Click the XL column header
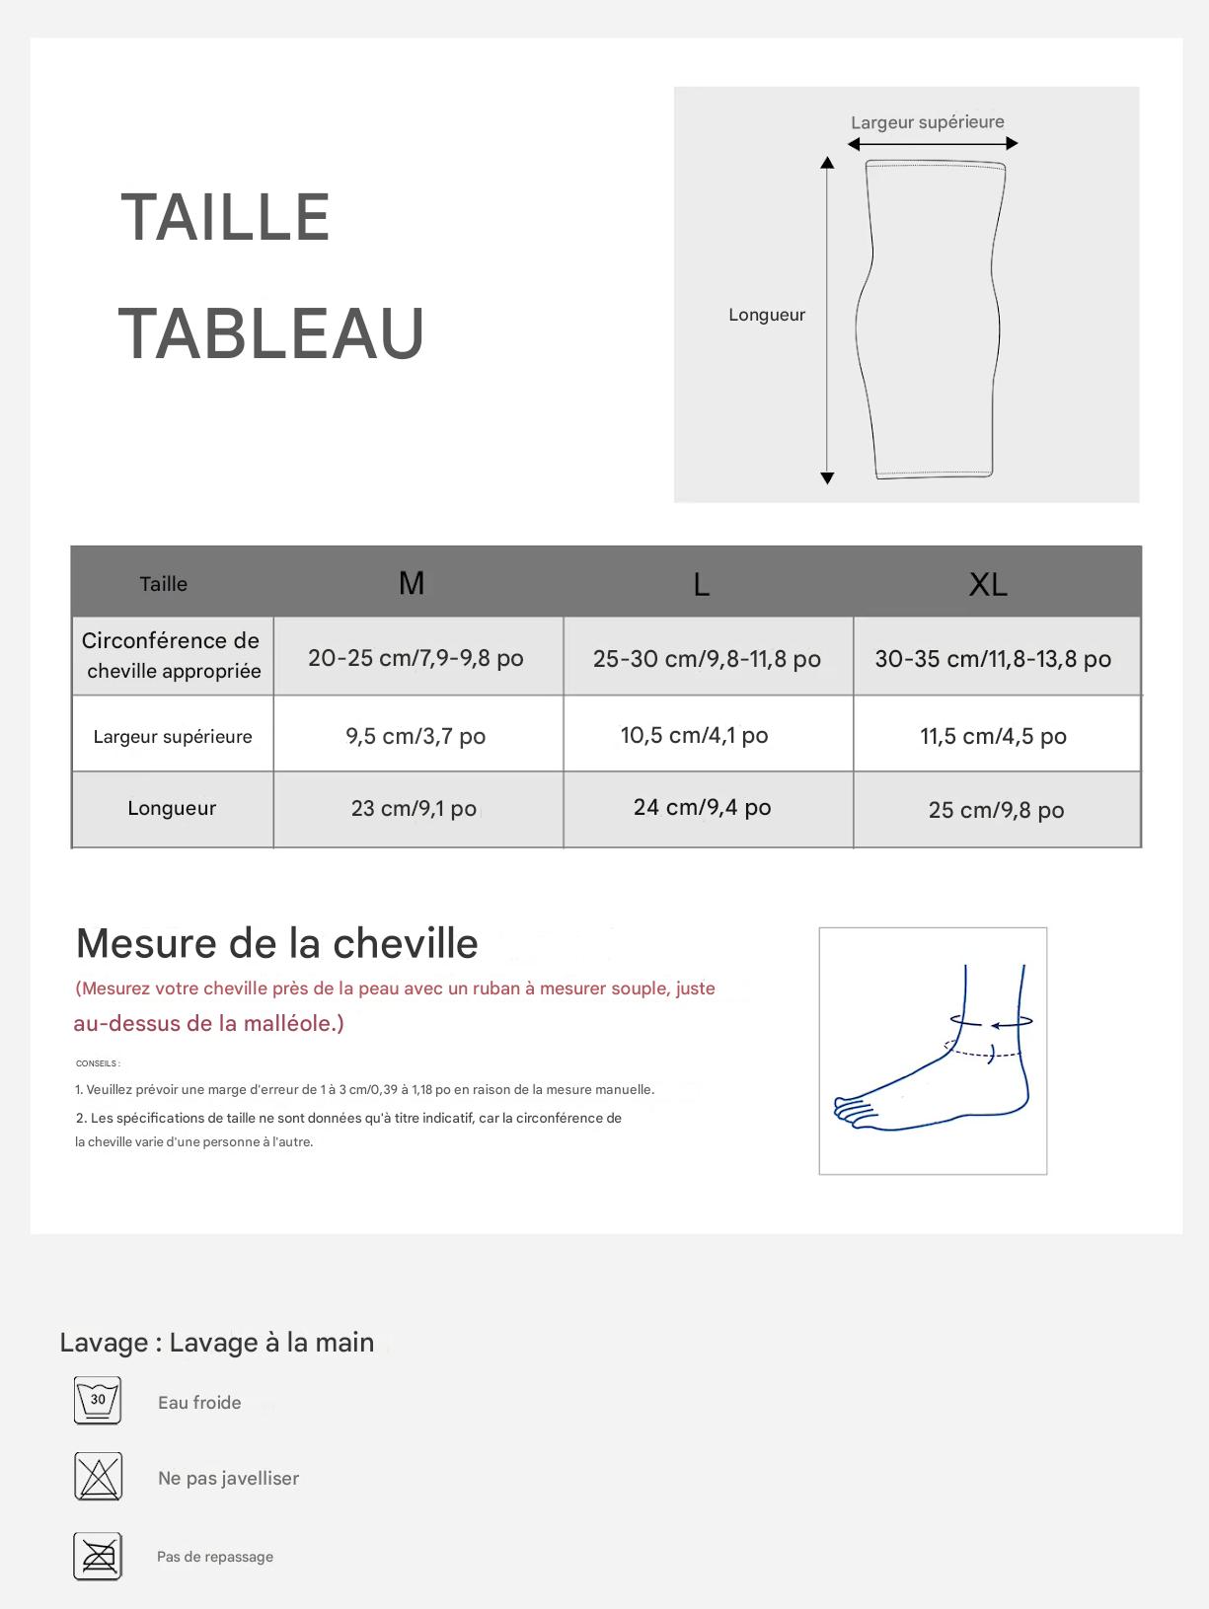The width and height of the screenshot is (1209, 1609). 988,584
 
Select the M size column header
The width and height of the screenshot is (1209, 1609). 412,583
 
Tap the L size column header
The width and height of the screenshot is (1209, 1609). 701,585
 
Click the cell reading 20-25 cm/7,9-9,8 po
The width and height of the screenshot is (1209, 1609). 416,658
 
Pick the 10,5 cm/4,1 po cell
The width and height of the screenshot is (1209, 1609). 695,735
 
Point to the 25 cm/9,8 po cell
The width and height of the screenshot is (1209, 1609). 996,810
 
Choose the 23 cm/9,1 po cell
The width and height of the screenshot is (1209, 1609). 414,809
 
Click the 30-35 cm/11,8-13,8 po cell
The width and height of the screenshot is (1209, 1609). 993,659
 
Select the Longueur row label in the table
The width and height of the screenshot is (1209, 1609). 172,808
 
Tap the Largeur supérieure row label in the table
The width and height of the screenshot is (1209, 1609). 173,736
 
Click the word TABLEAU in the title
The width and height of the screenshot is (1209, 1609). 271,333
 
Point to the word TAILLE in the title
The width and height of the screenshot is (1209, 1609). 225,218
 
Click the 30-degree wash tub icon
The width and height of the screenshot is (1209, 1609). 98,1401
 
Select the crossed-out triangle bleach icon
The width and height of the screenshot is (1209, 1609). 98,1477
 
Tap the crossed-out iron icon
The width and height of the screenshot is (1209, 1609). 98,1556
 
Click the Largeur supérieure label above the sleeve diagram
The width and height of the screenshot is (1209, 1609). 928,122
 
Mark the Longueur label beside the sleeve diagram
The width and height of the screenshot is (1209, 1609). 767,315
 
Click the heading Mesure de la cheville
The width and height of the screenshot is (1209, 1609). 277,943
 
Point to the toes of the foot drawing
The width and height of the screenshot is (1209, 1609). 852,1110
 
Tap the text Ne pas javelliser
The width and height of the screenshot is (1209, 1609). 228,1478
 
